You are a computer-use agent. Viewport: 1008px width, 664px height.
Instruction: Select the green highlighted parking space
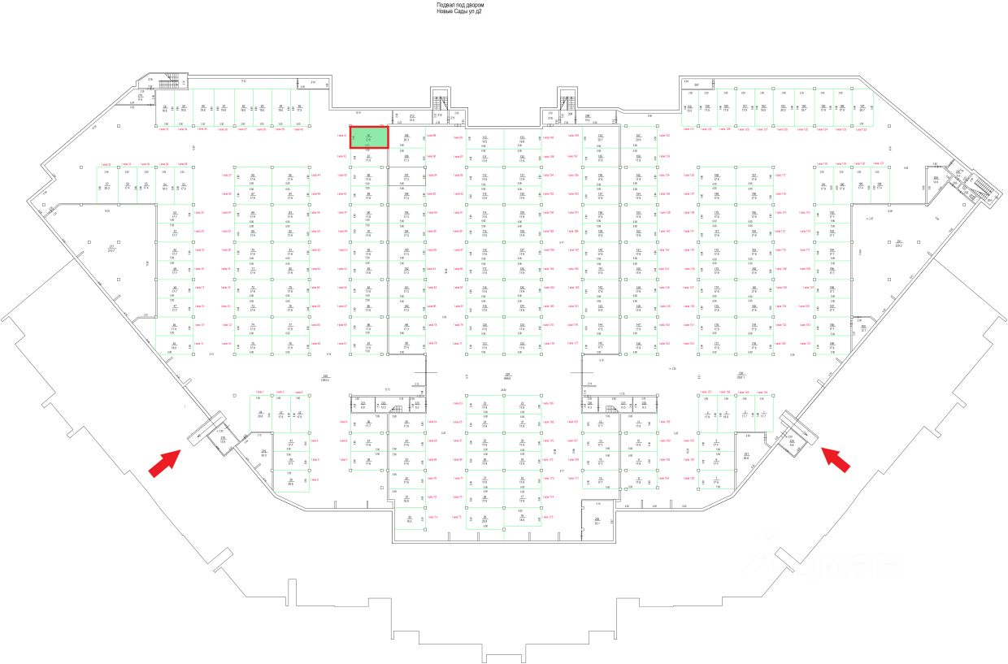pos(368,137)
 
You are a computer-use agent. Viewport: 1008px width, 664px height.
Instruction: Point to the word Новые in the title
pos(445,11)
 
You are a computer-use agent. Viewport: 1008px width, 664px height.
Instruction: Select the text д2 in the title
pos(479,11)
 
